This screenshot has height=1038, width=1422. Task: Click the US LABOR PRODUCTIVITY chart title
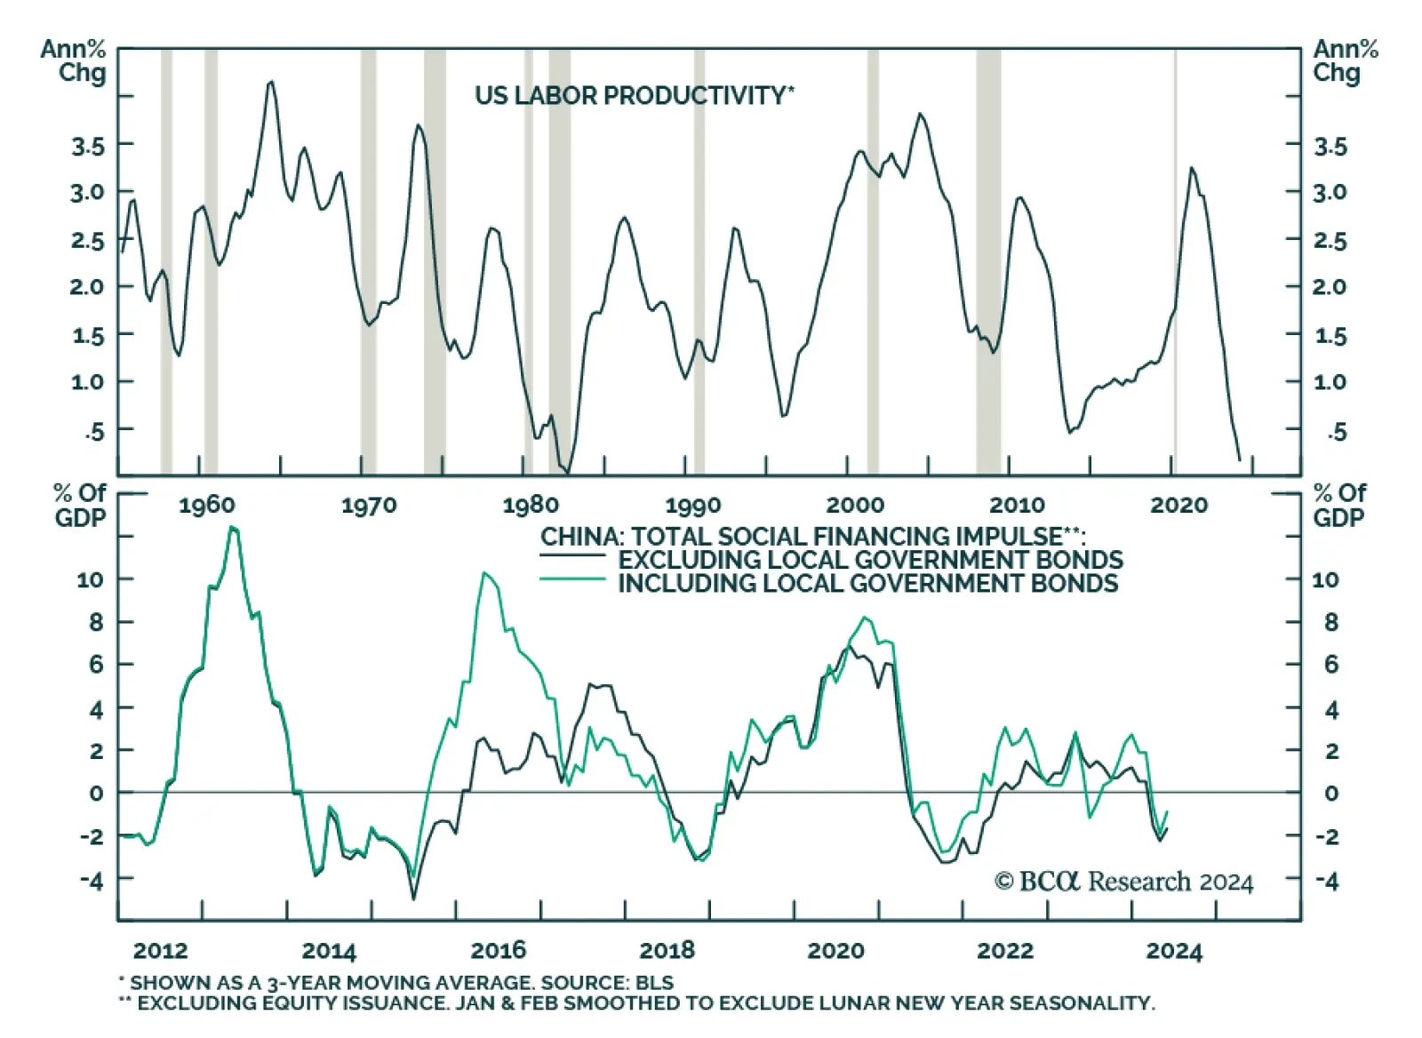click(634, 95)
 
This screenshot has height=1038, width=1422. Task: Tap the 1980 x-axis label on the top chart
click(531, 506)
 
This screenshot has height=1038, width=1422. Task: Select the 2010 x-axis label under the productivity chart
click(1017, 506)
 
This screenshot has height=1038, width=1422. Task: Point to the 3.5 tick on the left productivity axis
click(87, 146)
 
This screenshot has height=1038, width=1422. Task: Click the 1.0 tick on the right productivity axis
click(1330, 382)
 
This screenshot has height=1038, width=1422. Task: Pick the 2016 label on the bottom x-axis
click(498, 951)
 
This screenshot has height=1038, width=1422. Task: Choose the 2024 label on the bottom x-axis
click(1173, 951)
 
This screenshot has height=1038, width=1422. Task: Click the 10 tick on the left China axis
click(90, 579)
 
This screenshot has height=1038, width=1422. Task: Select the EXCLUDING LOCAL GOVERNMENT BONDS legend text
click(870, 560)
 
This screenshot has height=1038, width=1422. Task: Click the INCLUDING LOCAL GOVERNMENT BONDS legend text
click(867, 584)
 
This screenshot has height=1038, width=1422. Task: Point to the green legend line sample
click(572, 580)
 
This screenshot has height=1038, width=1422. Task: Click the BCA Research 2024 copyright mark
click(1123, 882)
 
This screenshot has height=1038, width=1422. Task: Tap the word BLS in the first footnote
click(654, 983)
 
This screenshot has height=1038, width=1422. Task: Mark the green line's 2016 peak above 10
click(484, 573)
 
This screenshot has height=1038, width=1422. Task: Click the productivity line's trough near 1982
click(568, 471)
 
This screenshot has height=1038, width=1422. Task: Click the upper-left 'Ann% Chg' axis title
click(75, 60)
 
